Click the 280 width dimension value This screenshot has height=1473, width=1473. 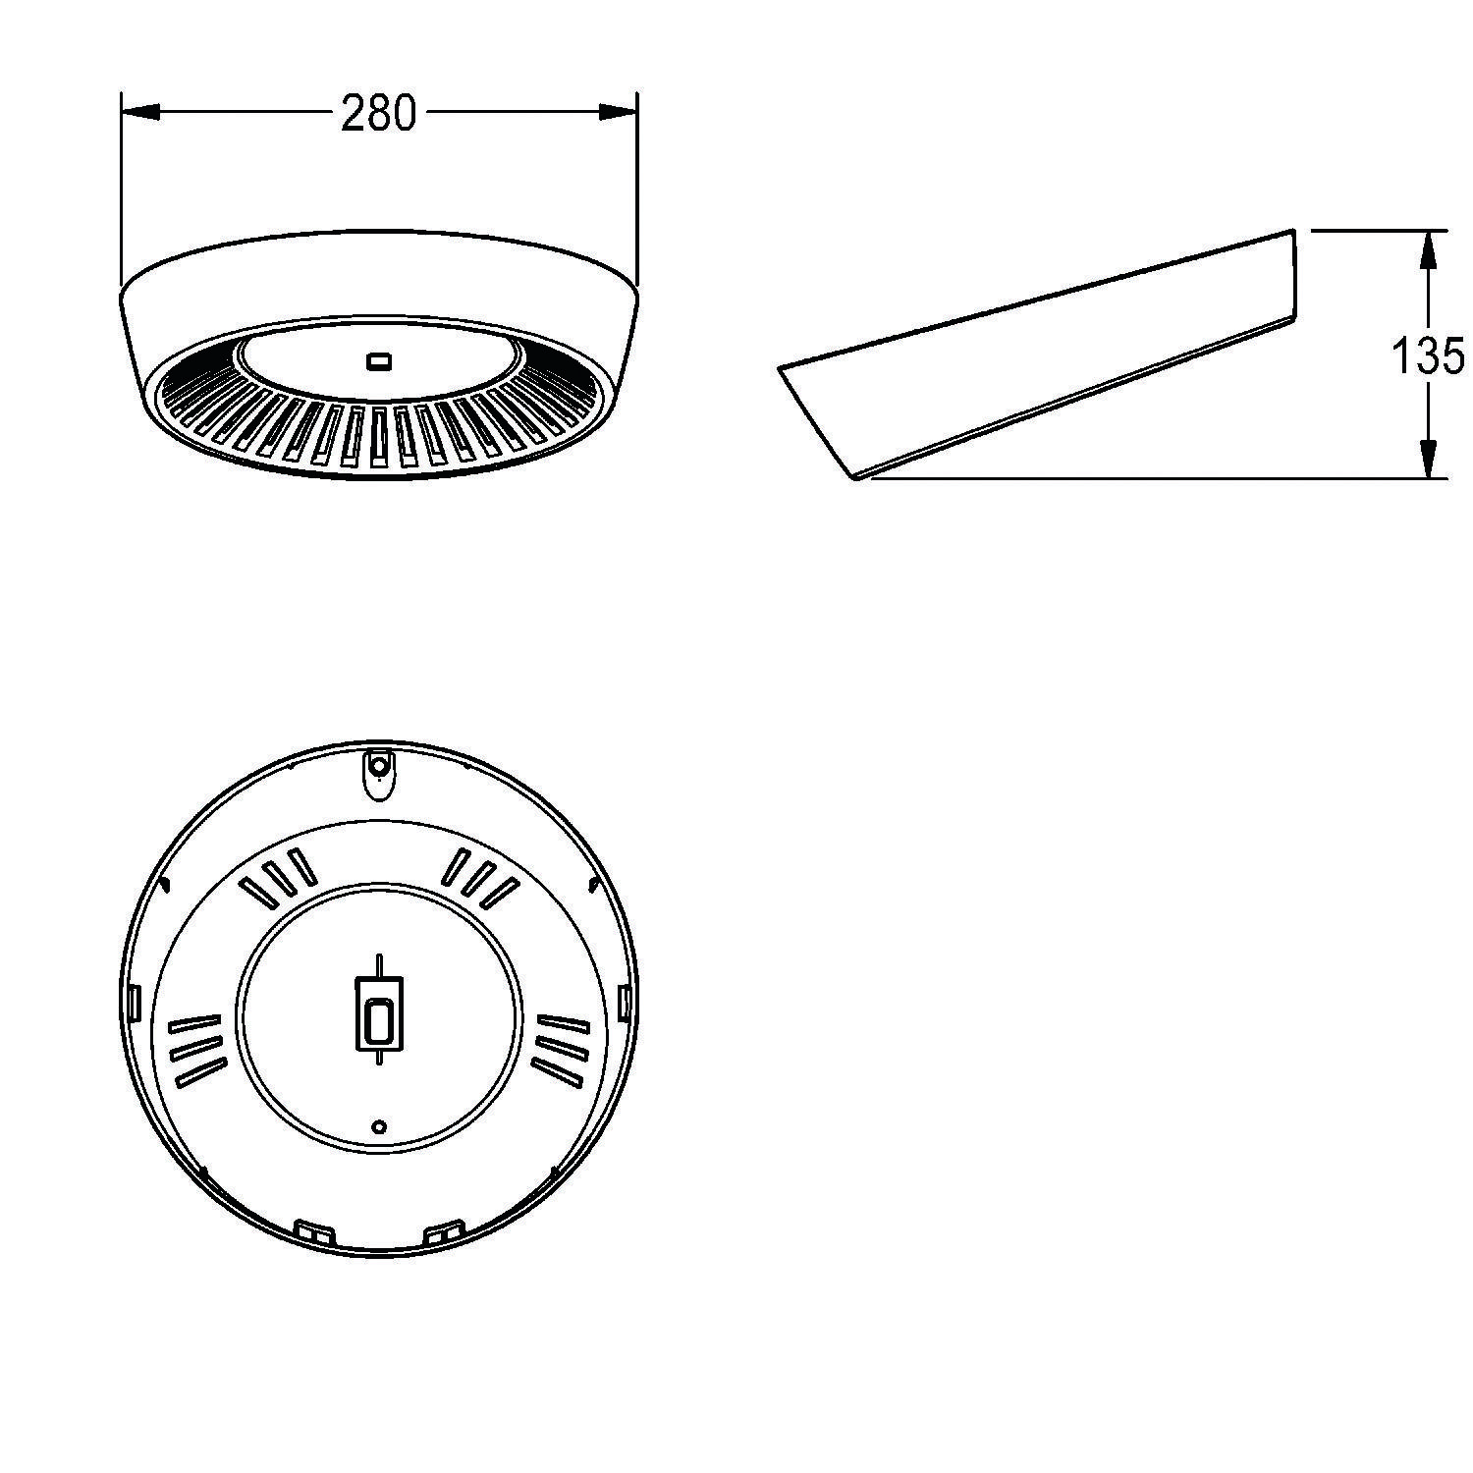point(378,114)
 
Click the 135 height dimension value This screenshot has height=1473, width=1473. point(1428,355)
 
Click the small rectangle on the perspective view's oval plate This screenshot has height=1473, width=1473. point(378,362)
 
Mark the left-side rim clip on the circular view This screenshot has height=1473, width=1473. point(135,1002)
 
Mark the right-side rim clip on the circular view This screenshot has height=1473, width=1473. point(624,1002)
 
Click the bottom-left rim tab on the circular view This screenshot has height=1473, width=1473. point(314,1229)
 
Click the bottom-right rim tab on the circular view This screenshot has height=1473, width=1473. point(444,1229)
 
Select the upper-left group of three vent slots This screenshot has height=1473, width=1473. point(279,877)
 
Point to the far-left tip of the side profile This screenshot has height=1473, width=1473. point(781,370)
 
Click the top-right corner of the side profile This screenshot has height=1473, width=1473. point(1292,232)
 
